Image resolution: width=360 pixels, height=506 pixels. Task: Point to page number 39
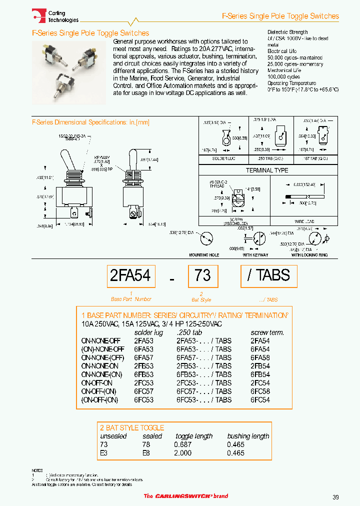point(335,496)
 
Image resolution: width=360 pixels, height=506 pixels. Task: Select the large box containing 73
point(202,275)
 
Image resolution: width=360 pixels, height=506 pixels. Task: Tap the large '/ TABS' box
point(268,275)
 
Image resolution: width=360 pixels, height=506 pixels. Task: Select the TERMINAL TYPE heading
point(267,170)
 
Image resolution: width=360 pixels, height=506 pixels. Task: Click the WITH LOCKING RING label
point(309,254)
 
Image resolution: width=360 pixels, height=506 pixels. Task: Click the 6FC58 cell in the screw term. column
point(260,391)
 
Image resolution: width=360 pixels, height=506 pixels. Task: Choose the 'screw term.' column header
point(267,332)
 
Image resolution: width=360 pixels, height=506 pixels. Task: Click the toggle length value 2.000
point(183,453)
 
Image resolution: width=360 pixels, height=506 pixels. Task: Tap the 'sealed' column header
point(152,436)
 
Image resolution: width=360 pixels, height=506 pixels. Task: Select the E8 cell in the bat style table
point(146,453)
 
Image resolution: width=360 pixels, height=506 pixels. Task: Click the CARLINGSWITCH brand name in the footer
point(186,496)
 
